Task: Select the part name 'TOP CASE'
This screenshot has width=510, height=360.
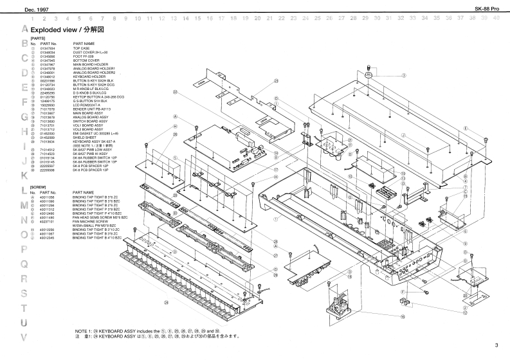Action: pos(81,48)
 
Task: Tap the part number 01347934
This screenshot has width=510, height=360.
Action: pos(48,48)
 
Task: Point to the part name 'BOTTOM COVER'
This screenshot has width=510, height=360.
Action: pos(86,60)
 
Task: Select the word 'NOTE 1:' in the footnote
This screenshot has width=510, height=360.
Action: pos(85,330)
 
